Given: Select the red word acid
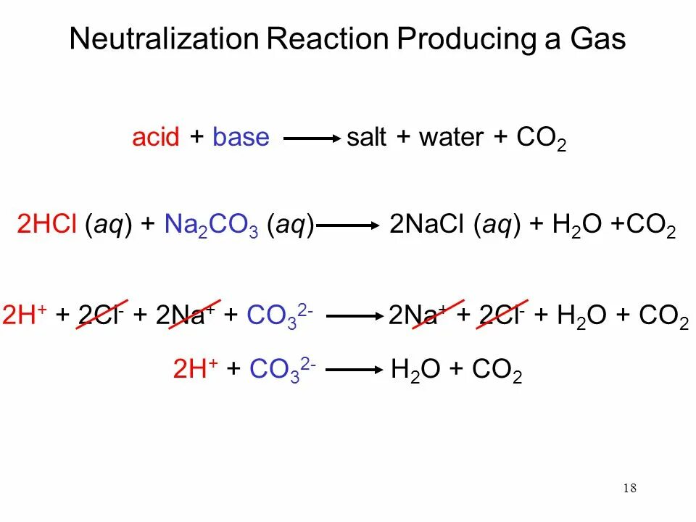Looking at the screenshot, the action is pyautogui.click(x=155, y=138).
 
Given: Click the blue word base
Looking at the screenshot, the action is pyautogui.click(x=241, y=138).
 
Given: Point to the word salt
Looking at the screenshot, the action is pyautogui.click(x=366, y=138).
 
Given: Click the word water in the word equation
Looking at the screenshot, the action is pyautogui.click(x=450, y=138).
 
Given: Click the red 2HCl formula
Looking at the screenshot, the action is pyautogui.click(x=48, y=225).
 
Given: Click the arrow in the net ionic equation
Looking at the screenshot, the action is pyautogui.click(x=354, y=369).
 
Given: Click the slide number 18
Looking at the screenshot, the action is pyautogui.click(x=629, y=489).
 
